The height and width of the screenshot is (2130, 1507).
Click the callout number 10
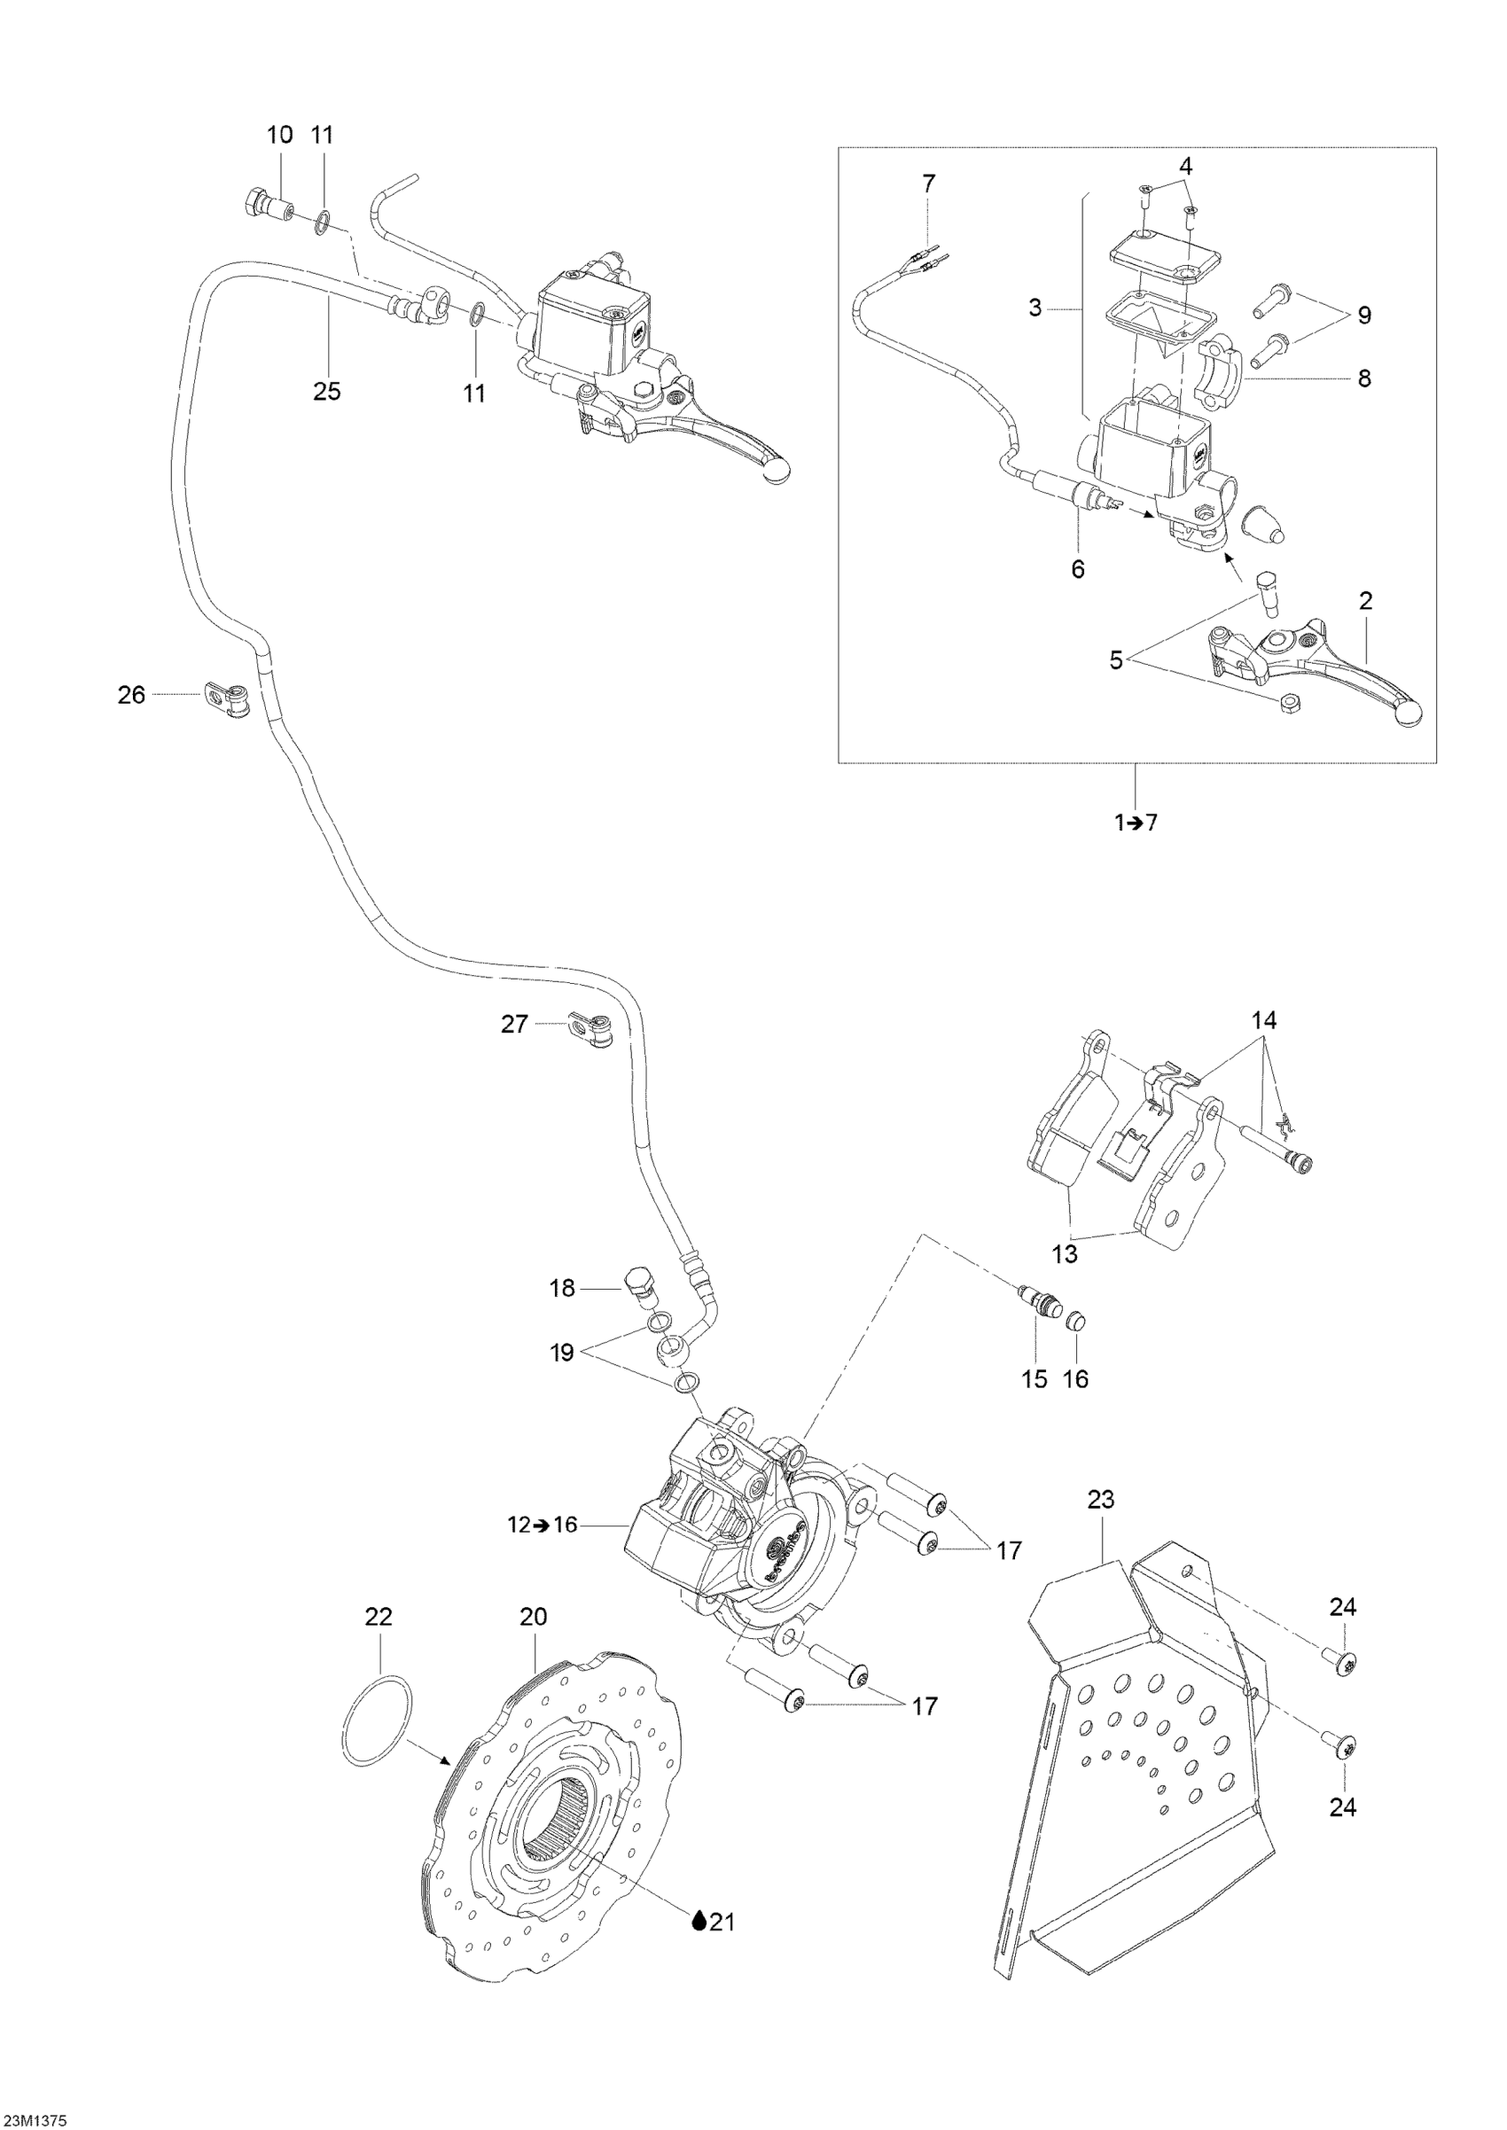(x=279, y=135)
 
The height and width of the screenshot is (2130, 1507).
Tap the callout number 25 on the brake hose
(x=326, y=392)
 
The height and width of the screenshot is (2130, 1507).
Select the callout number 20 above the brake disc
(x=534, y=1617)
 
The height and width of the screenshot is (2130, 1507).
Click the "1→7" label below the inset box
(x=1136, y=823)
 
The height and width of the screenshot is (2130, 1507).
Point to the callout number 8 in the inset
(x=1363, y=378)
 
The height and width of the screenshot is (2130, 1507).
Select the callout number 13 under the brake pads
(x=1066, y=1254)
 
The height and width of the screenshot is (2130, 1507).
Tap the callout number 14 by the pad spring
(x=1264, y=1020)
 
